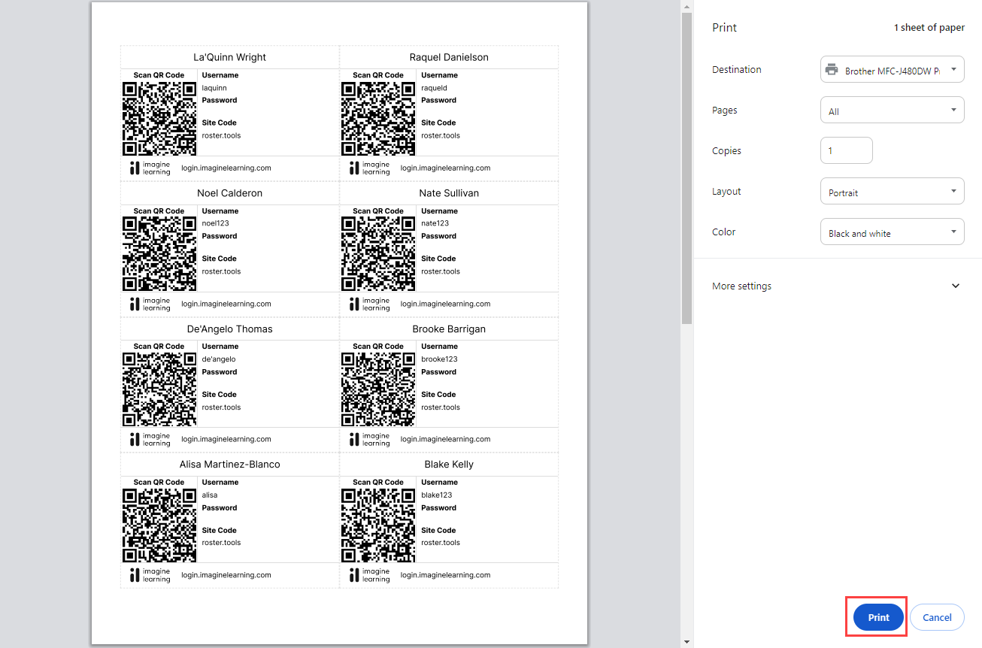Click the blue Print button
(878, 617)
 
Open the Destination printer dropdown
(891, 70)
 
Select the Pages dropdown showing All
(891, 111)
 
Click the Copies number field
(846, 150)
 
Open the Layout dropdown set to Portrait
(891, 192)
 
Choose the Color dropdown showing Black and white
(891, 232)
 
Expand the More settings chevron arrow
(956, 286)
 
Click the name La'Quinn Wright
(229, 57)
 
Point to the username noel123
(216, 223)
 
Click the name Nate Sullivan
(449, 193)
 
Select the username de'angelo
(219, 359)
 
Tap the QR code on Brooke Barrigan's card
(378, 389)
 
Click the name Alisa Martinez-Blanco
(229, 465)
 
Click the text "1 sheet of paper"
(929, 28)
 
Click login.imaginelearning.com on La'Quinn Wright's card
(226, 168)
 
